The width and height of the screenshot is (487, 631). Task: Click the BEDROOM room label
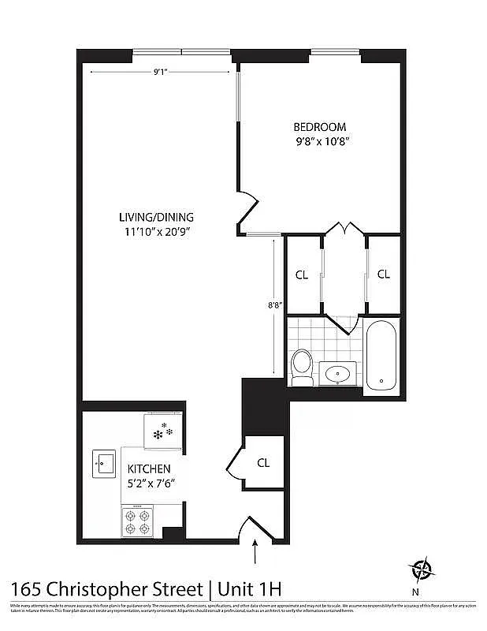(319, 127)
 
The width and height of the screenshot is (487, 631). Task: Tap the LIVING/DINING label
(156, 217)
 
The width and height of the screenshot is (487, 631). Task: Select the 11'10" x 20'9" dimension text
(156, 231)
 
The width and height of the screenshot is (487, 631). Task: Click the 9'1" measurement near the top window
(161, 72)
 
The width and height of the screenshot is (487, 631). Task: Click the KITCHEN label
(148, 469)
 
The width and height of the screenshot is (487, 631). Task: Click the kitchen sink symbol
(102, 462)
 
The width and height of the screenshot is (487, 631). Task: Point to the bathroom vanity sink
(340, 373)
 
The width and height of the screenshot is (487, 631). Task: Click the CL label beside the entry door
(263, 463)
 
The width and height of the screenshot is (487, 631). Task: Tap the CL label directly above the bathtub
(383, 274)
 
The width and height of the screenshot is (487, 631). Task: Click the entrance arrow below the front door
(256, 554)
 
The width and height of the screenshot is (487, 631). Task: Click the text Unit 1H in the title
(248, 588)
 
